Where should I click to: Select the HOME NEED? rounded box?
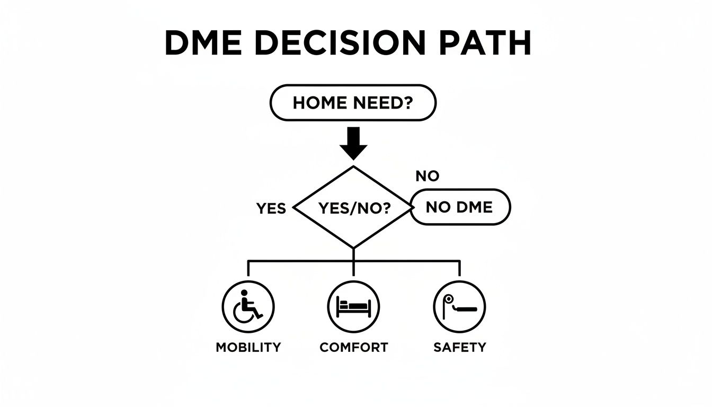[x=353, y=103]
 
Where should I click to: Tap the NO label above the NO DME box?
[x=428, y=176]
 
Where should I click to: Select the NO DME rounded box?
[x=460, y=207]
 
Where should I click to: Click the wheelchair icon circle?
[x=247, y=307]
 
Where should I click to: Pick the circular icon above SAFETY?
[x=459, y=307]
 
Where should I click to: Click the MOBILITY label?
[x=248, y=348]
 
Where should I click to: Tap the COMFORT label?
[x=354, y=348]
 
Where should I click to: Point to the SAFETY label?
[x=459, y=348]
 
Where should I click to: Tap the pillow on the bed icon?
[x=343, y=305]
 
